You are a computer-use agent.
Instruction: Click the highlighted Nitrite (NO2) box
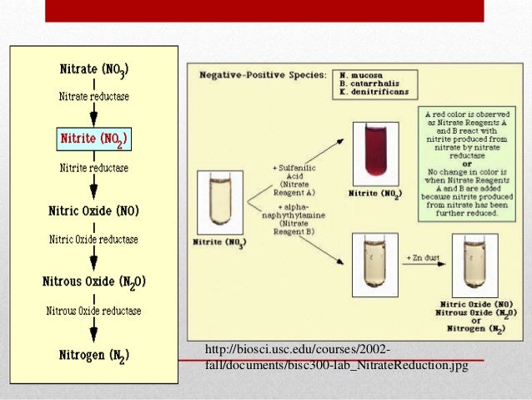click(93, 137)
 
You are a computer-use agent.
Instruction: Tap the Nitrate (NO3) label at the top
click(93, 69)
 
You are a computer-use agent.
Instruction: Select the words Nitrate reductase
click(93, 97)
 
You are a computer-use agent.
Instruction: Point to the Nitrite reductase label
click(93, 168)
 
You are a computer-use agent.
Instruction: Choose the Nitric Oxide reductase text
click(93, 240)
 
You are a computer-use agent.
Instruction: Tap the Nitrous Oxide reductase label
click(93, 311)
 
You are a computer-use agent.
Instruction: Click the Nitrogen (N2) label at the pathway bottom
click(93, 355)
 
